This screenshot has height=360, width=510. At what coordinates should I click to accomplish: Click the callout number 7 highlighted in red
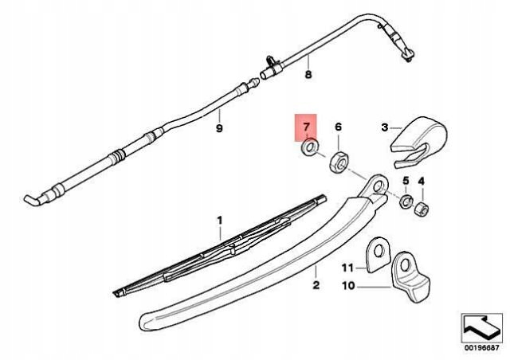coord(306,127)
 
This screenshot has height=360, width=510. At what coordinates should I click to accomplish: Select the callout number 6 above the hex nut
coord(338,127)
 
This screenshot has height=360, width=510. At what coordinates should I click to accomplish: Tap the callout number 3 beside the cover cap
coord(385,127)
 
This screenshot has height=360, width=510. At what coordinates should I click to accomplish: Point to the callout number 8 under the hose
coord(308,75)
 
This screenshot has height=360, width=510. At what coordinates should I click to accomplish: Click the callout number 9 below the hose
coord(219,128)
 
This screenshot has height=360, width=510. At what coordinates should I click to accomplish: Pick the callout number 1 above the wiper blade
coord(220,221)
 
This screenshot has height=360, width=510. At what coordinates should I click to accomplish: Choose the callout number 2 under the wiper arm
coord(316,285)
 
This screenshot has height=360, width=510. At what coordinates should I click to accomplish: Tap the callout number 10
coord(348,286)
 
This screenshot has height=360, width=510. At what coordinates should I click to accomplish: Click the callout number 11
coord(347,268)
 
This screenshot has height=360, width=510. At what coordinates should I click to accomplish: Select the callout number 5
coord(406,180)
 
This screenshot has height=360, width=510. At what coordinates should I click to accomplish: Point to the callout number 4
coord(422,181)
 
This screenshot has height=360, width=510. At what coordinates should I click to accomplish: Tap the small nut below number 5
coord(406,202)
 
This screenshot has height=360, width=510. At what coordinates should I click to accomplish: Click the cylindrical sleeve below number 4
coord(422,209)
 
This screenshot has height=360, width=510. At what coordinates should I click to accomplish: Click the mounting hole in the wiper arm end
coord(378,186)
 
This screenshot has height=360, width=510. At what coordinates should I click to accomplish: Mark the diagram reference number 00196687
coord(481,347)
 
